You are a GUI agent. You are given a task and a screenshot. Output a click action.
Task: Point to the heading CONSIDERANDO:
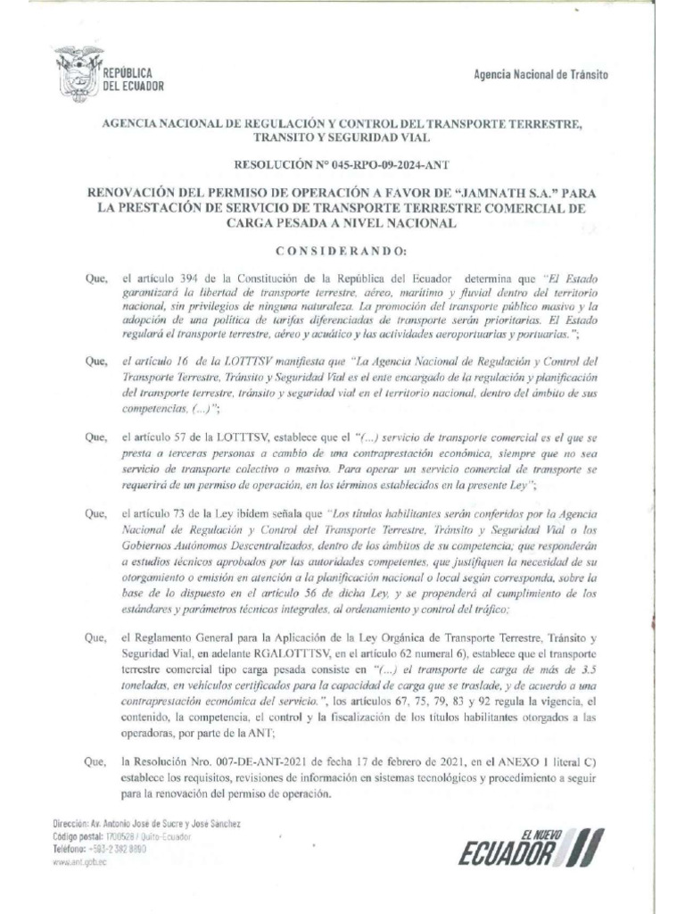tap(342, 249)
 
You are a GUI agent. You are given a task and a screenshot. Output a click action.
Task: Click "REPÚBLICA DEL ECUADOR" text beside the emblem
tap(135, 79)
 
